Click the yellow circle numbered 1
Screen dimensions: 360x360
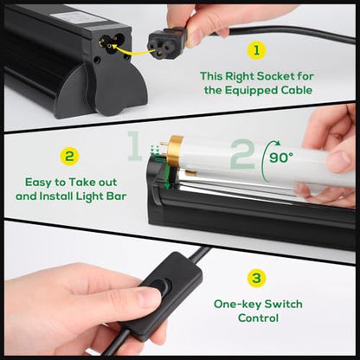click(x=256, y=50)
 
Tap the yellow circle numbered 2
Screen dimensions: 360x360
click(x=69, y=157)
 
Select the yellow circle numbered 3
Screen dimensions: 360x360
click(x=256, y=279)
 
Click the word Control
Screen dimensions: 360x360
click(x=258, y=318)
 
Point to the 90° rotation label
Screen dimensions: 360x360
click(x=281, y=157)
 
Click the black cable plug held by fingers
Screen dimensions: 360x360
click(x=165, y=42)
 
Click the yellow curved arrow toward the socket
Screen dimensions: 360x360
click(x=132, y=49)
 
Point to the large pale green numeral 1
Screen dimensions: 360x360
click(x=134, y=145)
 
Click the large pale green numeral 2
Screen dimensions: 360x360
click(x=243, y=154)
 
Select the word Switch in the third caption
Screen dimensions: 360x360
click(x=283, y=305)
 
